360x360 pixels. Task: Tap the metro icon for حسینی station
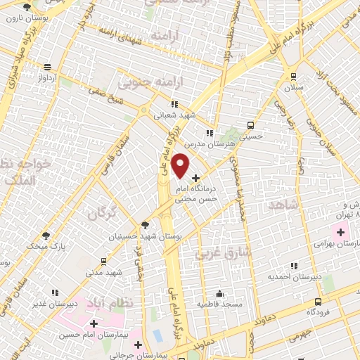tap(251, 124)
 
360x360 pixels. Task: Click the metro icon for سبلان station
tap(292, 77)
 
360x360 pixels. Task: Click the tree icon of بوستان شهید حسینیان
tap(146, 225)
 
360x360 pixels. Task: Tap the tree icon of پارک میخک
tap(46, 236)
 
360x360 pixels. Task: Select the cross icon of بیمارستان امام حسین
tap(94, 323)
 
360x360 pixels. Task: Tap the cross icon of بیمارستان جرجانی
tap(139, 345)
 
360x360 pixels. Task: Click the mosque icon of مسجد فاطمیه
tap(220, 293)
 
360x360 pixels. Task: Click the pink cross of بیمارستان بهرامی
tap(340, 232)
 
